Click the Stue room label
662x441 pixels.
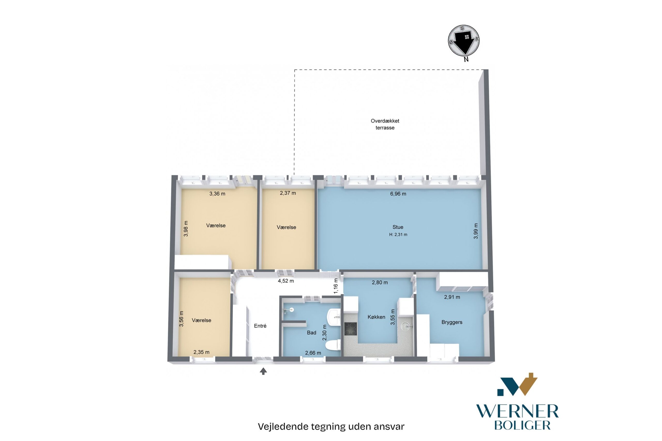(x=398, y=227)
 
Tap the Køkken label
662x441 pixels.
(x=377, y=317)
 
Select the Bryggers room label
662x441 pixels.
(x=452, y=322)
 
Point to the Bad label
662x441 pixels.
(x=311, y=333)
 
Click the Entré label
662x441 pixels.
(x=260, y=326)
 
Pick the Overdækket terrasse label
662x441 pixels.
(x=385, y=124)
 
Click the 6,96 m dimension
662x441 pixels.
(x=398, y=194)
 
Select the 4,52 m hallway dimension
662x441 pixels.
(x=286, y=281)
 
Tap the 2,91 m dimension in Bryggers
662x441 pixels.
(x=452, y=297)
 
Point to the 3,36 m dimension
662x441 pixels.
(x=217, y=194)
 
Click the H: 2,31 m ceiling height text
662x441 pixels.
(x=398, y=234)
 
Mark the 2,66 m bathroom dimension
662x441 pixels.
(x=313, y=353)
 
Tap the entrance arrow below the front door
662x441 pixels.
(x=263, y=371)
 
